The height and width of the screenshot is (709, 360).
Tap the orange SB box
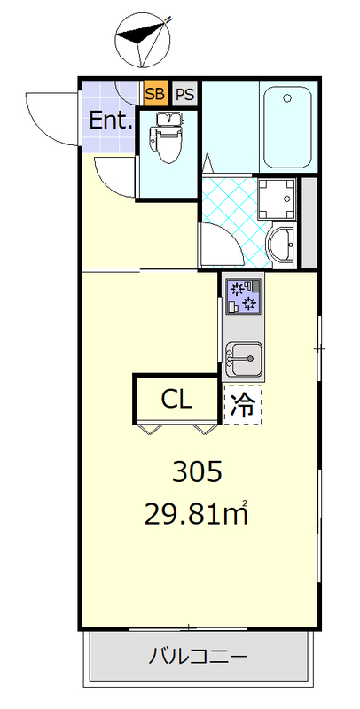click(x=154, y=93)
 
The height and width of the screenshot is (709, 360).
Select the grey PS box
click(x=184, y=93)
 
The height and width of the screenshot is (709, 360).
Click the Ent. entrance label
click(x=111, y=121)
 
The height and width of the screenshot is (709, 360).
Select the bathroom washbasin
click(x=280, y=245)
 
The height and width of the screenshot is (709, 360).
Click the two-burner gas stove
click(x=242, y=296)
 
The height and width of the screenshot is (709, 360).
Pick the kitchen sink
click(x=241, y=358)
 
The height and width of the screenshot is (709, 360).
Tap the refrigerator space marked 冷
click(x=242, y=405)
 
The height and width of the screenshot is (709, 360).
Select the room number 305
click(x=196, y=472)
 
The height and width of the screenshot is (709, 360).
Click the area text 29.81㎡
click(x=196, y=514)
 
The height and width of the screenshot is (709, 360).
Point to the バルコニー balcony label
click(x=197, y=657)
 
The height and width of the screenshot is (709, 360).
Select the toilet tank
click(x=166, y=116)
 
